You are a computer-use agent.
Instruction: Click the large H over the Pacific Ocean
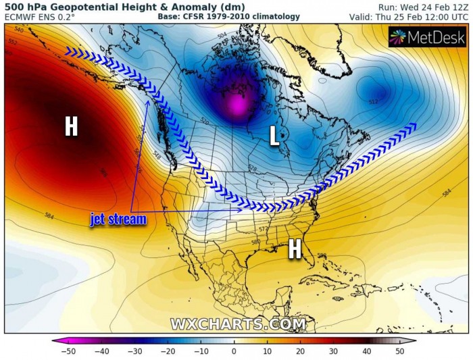(71, 126)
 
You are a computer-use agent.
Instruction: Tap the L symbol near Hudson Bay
(274, 137)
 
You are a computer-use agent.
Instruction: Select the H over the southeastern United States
(295, 249)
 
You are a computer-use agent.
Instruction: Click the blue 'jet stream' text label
(118, 220)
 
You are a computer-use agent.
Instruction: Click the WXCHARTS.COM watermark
(238, 324)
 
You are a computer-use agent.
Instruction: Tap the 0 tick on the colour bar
(234, 351)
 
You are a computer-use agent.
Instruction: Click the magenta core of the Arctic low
(237, 105)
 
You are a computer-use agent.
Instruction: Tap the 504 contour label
(222, 34)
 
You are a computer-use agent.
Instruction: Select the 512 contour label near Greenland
(374, 101)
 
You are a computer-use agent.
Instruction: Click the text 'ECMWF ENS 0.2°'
(41, 16)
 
